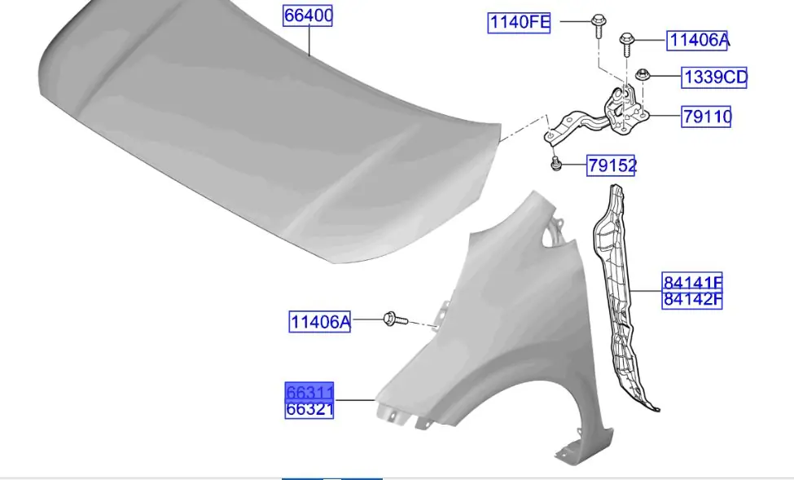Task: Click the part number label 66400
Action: pos(308,15)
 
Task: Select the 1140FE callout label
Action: pos(519,23)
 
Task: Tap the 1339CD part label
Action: pos(714,77)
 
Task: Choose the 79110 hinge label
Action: pos(706,117)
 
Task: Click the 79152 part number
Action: pos(611,165)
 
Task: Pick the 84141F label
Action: pos(692,282)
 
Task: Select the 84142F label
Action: pos(692,300)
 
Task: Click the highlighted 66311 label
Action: pos(309,391)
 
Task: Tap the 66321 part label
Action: pos(309,409)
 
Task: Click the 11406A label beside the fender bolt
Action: pos(319,322)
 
